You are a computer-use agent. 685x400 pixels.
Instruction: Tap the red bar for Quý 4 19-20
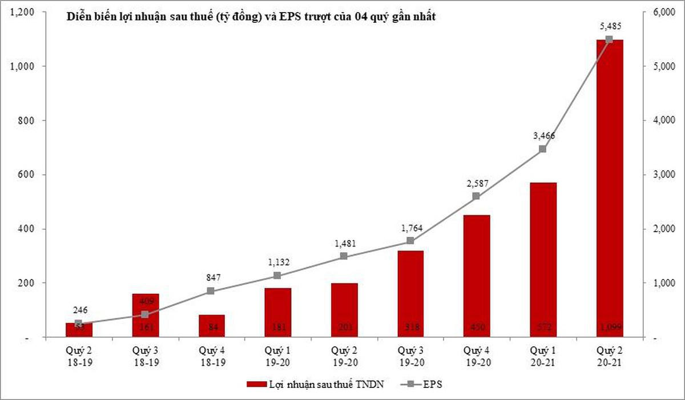pyautogui.click(x=476, y=276)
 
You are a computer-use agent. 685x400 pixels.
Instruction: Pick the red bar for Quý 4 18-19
pyautogui.click(x=211, y=326)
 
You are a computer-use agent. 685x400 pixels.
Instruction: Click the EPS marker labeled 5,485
pyautogui.click(x=609, y=39)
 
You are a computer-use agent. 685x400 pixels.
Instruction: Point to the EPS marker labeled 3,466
pyautogui.click(x=542, y=149)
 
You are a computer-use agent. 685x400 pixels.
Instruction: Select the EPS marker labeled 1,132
pyautogui.click(x=277, y=276)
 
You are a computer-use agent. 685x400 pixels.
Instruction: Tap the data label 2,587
pyautogui.click(x=476, y=184)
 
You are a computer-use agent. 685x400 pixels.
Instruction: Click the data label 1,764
pyautogui.click(x=410, y=229)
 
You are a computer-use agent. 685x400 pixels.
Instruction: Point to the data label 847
pyautogui.click(x=211, y=278)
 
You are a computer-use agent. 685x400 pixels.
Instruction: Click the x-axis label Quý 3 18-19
pyautogui.click(x=145, y=354)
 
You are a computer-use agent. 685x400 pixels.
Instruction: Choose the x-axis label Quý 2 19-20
pyautogui.click(x=344, y=354)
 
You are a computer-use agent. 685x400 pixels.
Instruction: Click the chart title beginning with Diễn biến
pyautogui.click(x=251, y=18)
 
